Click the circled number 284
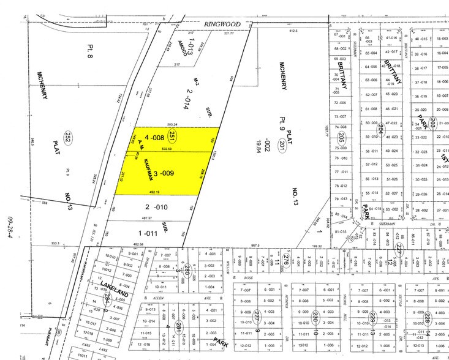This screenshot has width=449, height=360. coord(108,298)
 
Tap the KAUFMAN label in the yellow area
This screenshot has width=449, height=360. coord(148,165)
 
